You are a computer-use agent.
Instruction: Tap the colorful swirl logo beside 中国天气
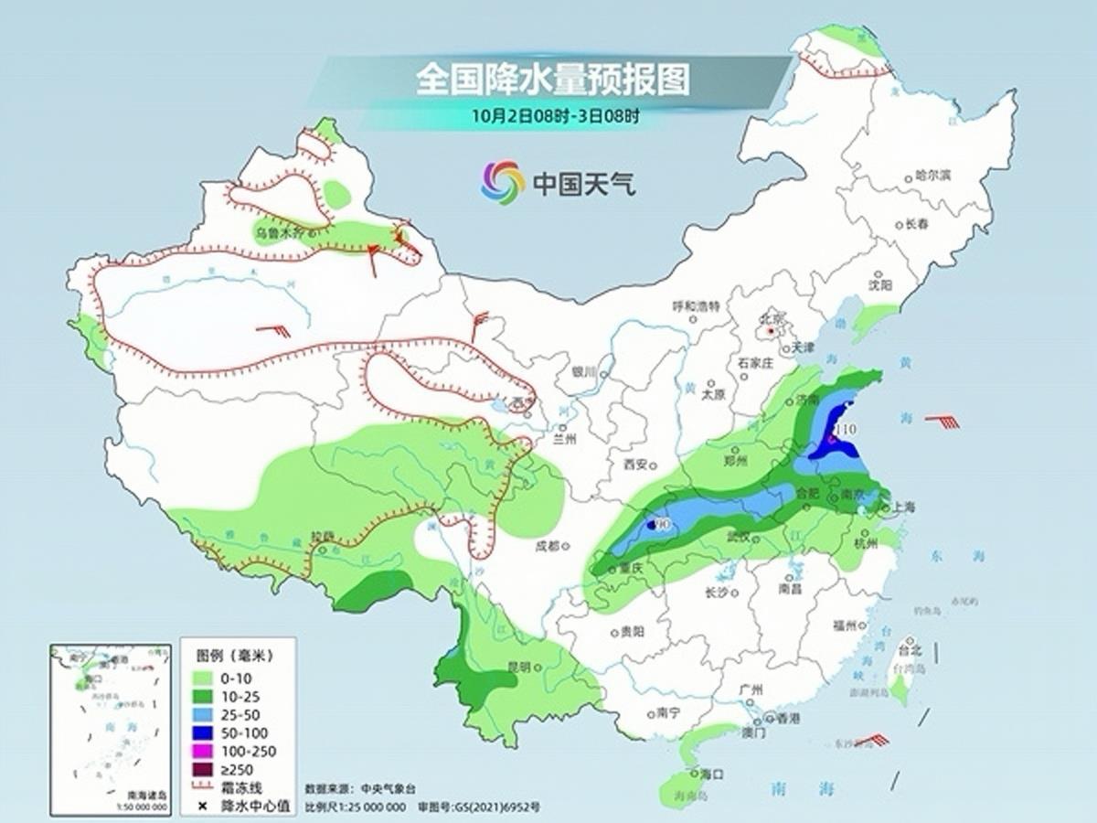(503, 182)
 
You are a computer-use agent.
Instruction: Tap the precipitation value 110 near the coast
(847, 429)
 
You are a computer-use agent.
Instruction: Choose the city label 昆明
(519, 668)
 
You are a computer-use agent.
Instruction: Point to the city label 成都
(548, 547)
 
